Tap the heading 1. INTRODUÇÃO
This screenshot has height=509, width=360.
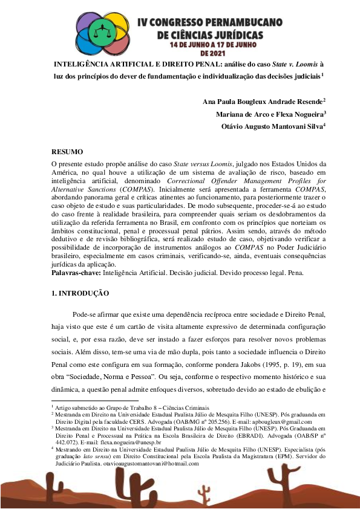click(80, 293)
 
